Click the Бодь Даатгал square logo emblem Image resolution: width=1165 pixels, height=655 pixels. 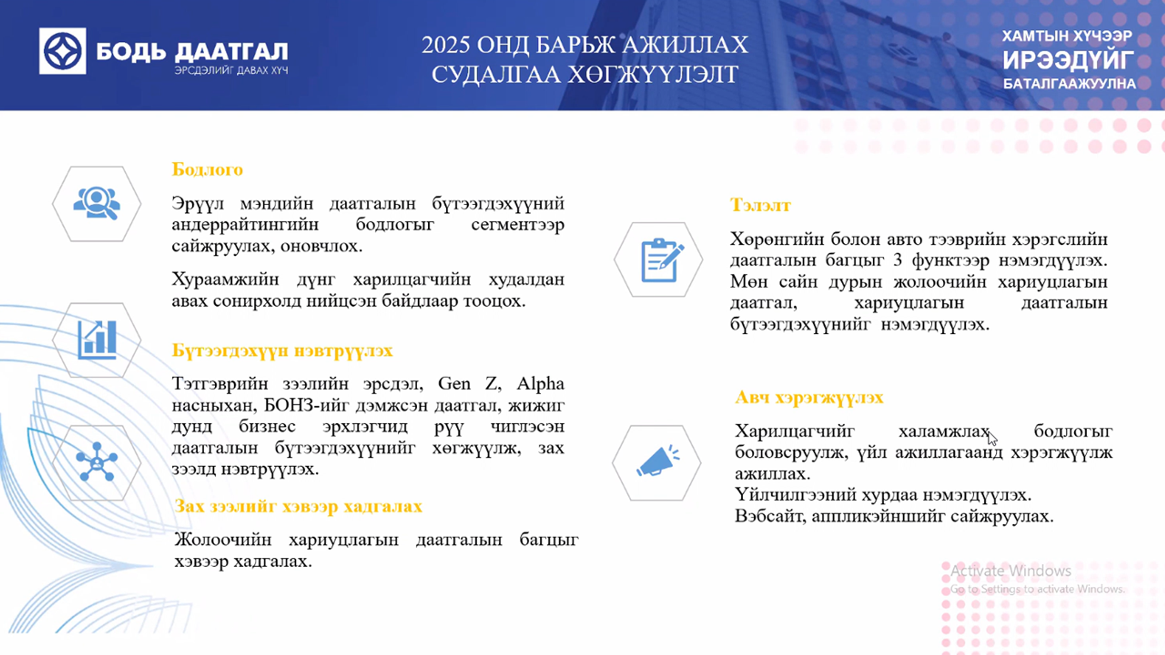tap(62, 51)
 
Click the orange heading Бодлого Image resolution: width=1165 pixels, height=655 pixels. tap(207, 170)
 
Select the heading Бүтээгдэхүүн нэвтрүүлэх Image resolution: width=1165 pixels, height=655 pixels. tap(282, 351)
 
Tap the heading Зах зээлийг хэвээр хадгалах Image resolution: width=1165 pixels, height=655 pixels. tap(298, 506)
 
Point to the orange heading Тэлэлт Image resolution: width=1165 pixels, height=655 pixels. tap(760, 205)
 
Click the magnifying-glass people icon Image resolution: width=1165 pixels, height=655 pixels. tap(97, 203)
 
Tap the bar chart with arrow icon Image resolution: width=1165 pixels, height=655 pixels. tap(97, 340)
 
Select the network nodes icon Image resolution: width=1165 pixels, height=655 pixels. tap(97, 462)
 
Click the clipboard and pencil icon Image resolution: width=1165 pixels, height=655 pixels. tap(662, 260)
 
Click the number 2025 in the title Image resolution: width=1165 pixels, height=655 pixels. tap(446, 45)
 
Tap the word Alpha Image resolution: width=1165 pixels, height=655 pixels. tap(540, 384)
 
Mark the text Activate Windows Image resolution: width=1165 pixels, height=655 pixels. tap(1011, 571)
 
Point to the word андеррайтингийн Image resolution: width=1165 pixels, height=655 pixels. tap(245, 225)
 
